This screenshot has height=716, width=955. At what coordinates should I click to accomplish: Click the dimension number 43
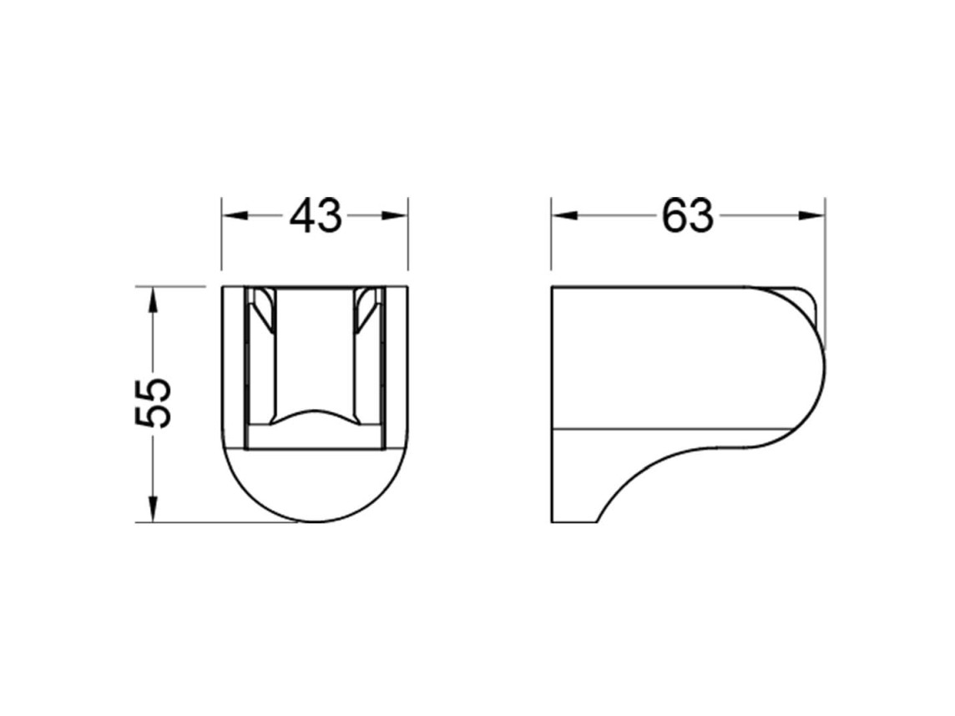point(316,216)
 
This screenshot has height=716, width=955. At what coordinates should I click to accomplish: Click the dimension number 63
point(688,216)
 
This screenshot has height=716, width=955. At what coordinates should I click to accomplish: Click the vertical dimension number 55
point(153,403)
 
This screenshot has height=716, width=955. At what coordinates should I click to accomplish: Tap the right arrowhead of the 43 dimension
point(394,216)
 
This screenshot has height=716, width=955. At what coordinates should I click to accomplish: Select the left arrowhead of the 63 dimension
point(564,216)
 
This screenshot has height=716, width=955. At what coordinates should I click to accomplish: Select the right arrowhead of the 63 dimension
point(811,216)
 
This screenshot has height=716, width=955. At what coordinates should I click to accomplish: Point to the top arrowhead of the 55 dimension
point(153,300)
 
